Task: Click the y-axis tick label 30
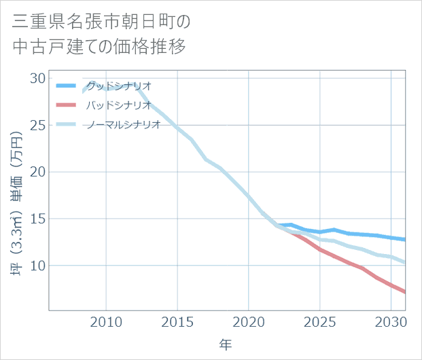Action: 37,79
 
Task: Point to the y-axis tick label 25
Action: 37,126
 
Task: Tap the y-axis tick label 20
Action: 37,172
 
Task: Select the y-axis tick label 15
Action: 37,219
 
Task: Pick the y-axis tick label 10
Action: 37,266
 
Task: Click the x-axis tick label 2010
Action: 106,321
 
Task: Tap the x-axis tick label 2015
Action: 177,321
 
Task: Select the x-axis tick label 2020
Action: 249,321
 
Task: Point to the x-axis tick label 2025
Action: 320,321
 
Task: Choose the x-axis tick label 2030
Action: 391,321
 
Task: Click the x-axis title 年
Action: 226,345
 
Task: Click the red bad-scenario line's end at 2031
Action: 405,293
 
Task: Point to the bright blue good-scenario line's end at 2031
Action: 405,240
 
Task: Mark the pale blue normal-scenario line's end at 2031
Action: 405,263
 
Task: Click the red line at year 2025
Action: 320,249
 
